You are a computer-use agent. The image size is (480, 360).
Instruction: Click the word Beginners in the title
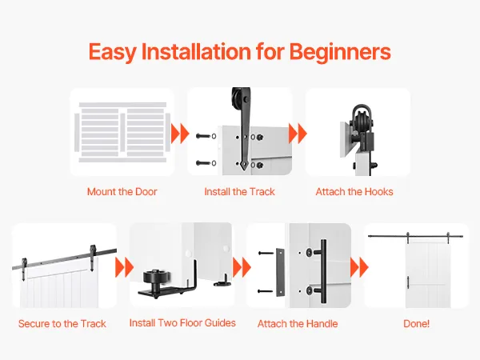click(x=340, y=52)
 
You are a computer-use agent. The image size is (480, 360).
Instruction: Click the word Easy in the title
click(x=112, y=52)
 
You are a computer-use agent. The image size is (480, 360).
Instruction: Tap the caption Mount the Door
click(x=122, y=192)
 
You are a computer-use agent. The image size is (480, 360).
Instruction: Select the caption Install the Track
click(x=239, y=192)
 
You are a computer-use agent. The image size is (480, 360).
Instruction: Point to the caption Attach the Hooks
click(x=354, y=192)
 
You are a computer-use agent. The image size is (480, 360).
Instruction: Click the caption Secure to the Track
click(x=62, y=323)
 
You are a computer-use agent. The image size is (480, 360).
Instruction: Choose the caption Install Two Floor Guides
click(x=182, y=323)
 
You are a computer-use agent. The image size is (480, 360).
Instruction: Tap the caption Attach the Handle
click(x=298, y=323)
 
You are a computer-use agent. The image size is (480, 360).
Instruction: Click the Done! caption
click(x=416, y=323)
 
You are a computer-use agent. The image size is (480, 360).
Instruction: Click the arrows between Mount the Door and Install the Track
click(x=180, y=134)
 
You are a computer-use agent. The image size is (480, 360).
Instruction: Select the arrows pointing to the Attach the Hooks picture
click(x=298, y=134)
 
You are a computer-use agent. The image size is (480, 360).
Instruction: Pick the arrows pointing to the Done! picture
click(x=359, y=267)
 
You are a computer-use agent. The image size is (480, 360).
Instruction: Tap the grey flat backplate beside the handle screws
click(x=280, y=272)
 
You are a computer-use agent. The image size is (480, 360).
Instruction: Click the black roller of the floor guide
click(x=157, y=278)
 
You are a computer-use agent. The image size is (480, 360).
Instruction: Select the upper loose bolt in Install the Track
click(x=203, y=136)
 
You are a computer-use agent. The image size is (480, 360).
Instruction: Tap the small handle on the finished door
click(x=408, y=282)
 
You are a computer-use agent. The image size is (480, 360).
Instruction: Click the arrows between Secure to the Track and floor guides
click(x=124, y=267)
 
